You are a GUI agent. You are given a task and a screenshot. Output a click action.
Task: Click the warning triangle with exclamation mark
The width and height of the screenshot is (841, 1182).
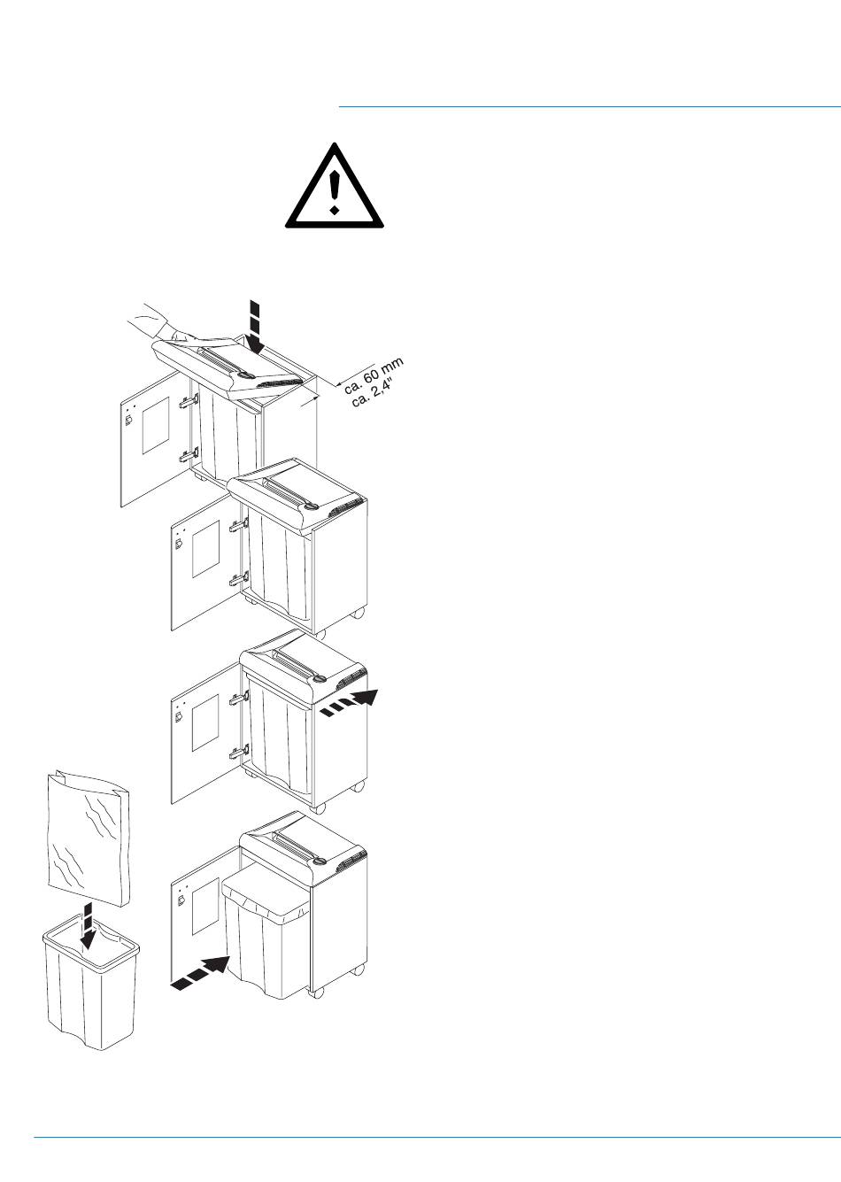click(334, 187)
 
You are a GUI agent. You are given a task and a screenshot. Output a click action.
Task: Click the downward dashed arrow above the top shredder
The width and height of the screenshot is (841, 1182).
click(254, 325)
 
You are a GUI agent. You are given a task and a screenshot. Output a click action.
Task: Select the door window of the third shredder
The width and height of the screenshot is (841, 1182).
click(205, 722)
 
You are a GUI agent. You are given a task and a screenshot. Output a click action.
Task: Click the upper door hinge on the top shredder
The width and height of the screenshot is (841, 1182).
click(187, 401)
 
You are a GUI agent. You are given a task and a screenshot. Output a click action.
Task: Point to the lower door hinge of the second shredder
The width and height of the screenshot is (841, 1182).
click(236, 581)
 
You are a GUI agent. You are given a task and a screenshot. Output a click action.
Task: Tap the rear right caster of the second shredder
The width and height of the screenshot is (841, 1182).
click(358, 614)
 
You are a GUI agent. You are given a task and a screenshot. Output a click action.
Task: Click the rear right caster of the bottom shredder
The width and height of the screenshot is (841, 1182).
click(358, 970)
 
